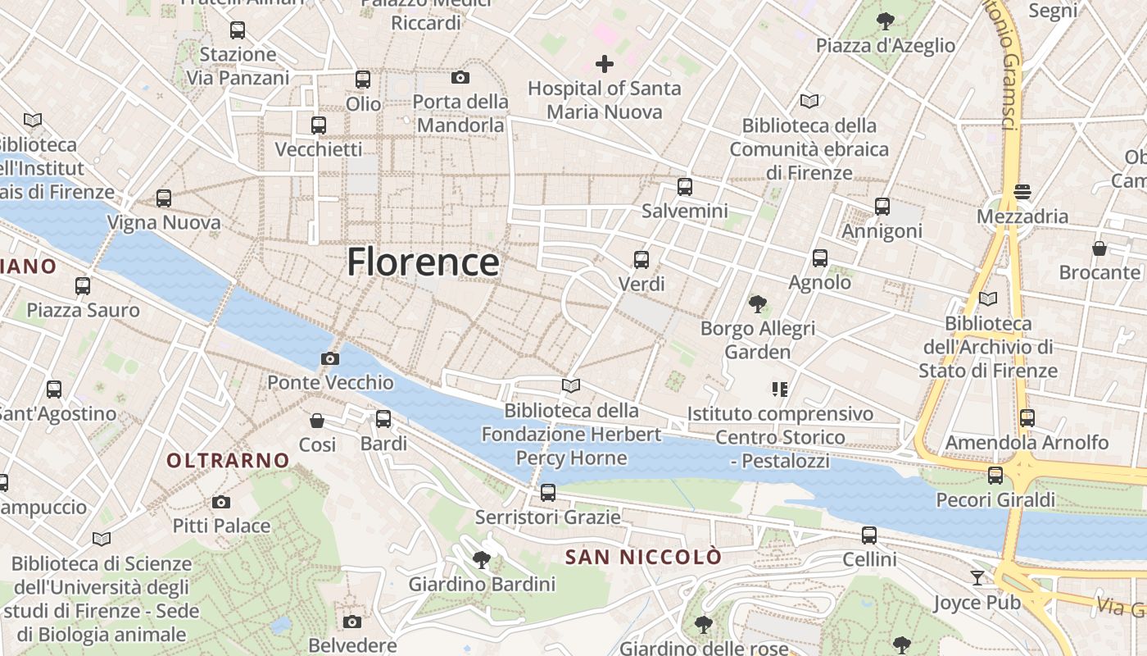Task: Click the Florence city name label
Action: (x=423, y=262)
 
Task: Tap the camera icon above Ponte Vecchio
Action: (x=330, y=358)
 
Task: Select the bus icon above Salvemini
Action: (x=685, y=187)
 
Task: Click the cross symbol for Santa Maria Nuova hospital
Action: (x=605, y=63)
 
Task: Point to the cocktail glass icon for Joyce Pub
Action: (x=977, y=578)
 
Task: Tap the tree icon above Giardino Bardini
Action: (x=482, y=560)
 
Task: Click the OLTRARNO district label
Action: (x=228, y=461)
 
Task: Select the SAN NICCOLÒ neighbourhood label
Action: (x=644, y=558)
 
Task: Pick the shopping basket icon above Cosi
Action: (x=317, y=421)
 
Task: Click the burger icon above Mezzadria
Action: (x=1022, y=192)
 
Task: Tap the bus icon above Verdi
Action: (x=642, y=260)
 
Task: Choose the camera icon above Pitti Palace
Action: (x=220, y=502)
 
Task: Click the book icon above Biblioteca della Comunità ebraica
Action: (x=809, y=101)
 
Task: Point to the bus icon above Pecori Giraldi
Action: (x=995, y=475)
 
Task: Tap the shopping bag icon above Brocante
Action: (x=1099, y=248)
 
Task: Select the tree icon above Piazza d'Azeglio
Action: (x=885, y=21)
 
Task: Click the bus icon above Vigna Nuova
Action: (x=164, y=198)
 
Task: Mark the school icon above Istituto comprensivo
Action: (x=779, y=389)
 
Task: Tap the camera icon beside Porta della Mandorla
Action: (x=460, y=78)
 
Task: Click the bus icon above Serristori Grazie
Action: (x=548, y=493)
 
